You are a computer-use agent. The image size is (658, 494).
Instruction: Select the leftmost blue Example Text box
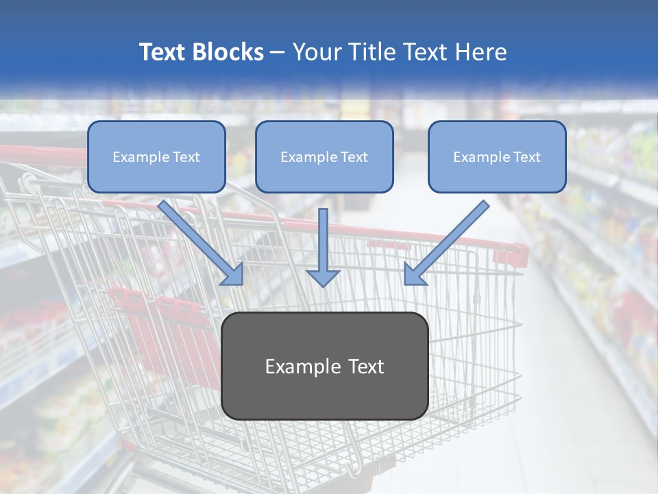(x=156, y=157)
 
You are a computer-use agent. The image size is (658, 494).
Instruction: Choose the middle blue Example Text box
(x=324, y=157)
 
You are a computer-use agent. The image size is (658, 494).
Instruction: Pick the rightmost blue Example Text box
(x=497, y=157)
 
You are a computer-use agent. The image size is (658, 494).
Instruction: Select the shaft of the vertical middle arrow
(x=324, y=237)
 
